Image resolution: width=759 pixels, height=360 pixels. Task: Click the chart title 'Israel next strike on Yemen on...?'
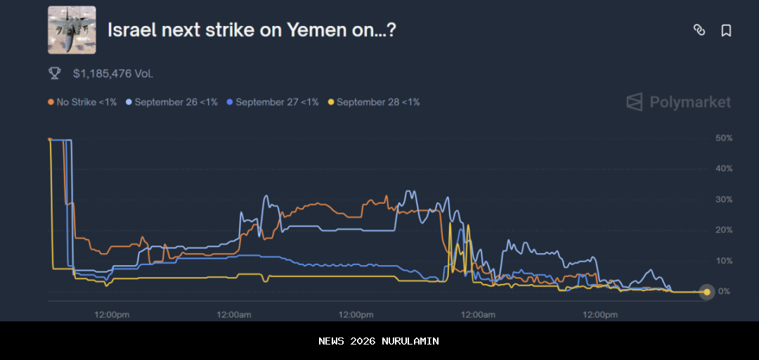pyautogui.click(x=252, y=30)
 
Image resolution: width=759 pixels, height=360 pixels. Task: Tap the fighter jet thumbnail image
pyautogui.click(x=72, y=30)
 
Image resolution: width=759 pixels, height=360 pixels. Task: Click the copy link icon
pyautogui.click(x=699, y=30)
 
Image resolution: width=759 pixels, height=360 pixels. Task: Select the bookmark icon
pyautogui.click(x=726, y=30)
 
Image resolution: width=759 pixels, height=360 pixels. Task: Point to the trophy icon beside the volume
pyautogui.click(x=54, y=72)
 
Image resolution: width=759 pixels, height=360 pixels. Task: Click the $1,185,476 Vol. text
pyautogui.click(x=113, y=73)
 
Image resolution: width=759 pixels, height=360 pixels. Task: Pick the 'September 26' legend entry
pyautogui.click(x=171, y=102)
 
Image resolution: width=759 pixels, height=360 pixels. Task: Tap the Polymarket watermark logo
pyautogui.click(x=679, y=102)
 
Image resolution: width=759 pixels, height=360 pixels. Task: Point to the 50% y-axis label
pyautogui.click(x=724, y=139)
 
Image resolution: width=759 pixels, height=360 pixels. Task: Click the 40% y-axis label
pyautogui.click(x=724, y=169)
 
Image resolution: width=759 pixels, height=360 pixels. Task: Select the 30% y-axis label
pyautogui.click(x=724, y=200)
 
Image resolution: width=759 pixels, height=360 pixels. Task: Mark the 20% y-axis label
pyautogui.click(x=724, y=230)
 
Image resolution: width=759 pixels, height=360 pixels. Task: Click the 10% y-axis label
pyautogui.click(x=724, y=261)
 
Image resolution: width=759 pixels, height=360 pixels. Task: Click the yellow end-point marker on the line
pyautogui.click(x=707, y=292)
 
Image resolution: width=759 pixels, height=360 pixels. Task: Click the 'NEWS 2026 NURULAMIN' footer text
pyautogui.click(x=379, y=341)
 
